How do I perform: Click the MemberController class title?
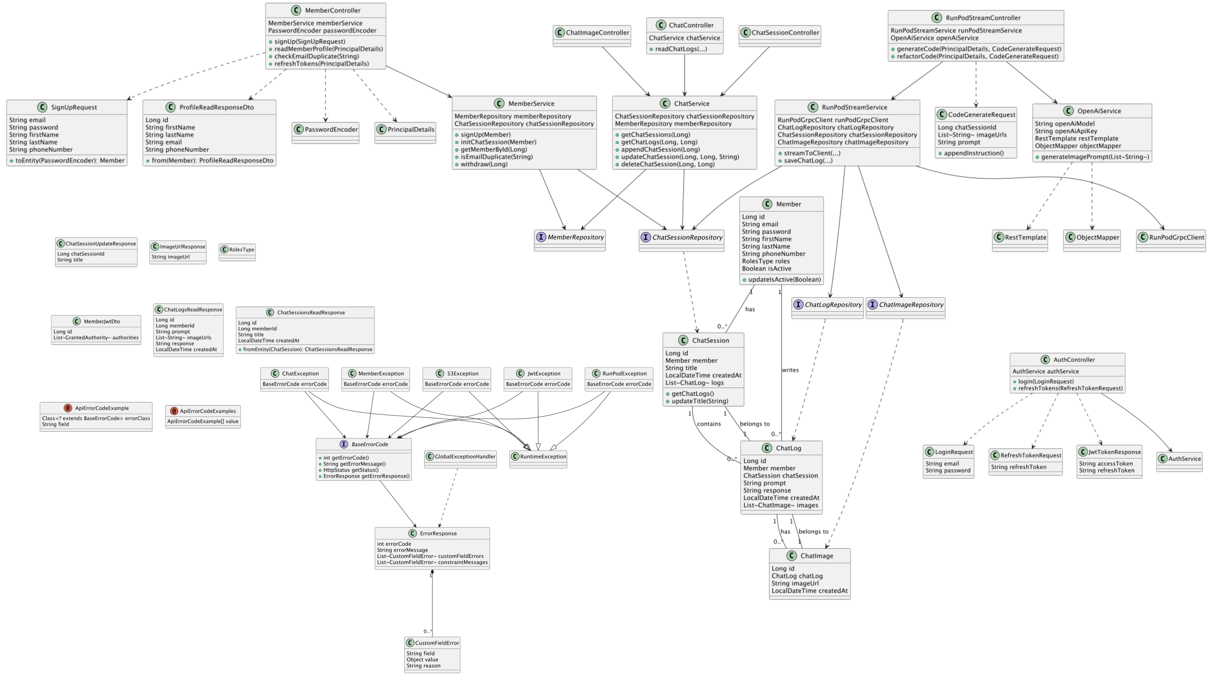pyautogui.click(x=332, y=10)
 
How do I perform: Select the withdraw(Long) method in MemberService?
pyautogui.click(x=484, y=164)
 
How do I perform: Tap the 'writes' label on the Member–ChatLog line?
pyautogui.click(x=790, y=370)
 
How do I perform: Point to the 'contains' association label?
pyautogui.click(x=709, y=424)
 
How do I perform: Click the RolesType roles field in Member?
pyautogui.click(x=766, y=261)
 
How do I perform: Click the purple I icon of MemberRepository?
pyautogui.click(x=541, y=237)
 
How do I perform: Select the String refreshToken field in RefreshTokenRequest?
pyautogui.click(x=1018, y=467)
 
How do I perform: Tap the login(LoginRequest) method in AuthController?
pyautogui.click(x=1046, y=381)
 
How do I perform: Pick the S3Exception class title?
pyautogui.click(x=463, y=374)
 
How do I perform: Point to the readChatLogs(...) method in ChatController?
pyautogui.click(x=681, y=49)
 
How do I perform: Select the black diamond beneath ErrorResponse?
pyautogui.click(x=432, y=572)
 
